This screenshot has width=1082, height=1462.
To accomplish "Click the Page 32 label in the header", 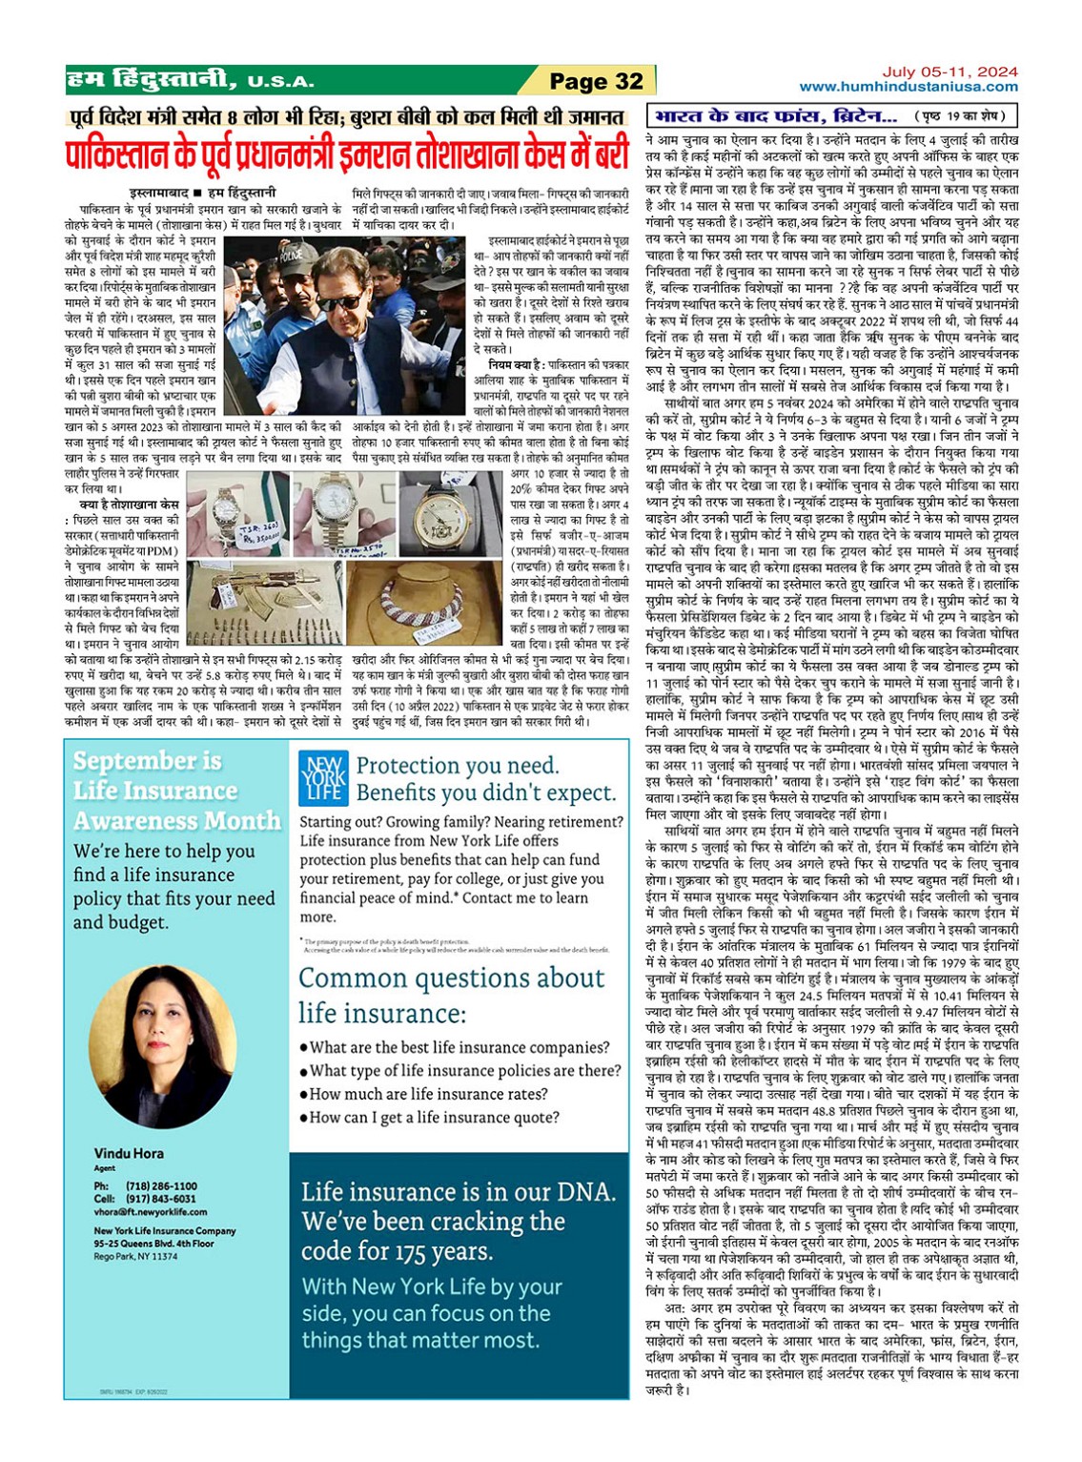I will (596, 82).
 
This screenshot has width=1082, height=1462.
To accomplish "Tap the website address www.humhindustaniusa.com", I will (908, 87).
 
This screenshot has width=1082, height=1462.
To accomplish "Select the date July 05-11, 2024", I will (949, 72).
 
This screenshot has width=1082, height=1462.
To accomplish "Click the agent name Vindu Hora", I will (129, 1153).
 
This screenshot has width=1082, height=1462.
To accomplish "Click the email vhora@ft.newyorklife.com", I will (150, 1212).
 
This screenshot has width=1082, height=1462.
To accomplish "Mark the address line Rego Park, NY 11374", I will (135, 1256).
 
